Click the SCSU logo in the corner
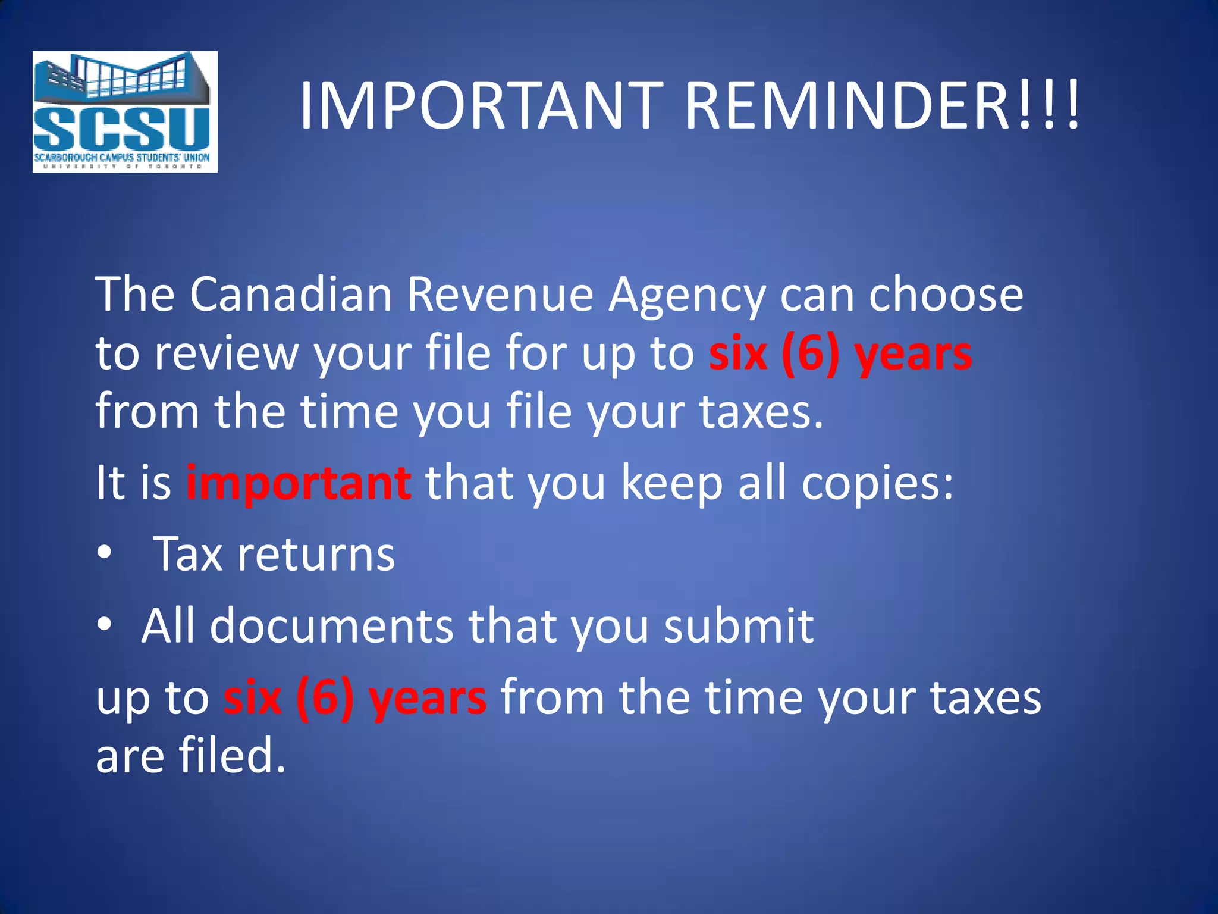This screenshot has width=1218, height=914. click(x=125, y=112)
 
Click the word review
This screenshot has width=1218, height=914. click(x=227, y=353)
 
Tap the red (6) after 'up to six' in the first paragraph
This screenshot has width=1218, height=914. click(x=811, y=354)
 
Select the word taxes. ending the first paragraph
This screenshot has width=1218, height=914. click(x=761, y=412)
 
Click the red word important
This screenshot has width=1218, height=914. click(x=298, y=483)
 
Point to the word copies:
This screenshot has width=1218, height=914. click(x=877, y=483)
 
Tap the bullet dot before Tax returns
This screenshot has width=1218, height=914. click(x=105, y=553)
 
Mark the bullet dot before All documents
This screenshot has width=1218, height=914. click(x=105, y=624)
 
